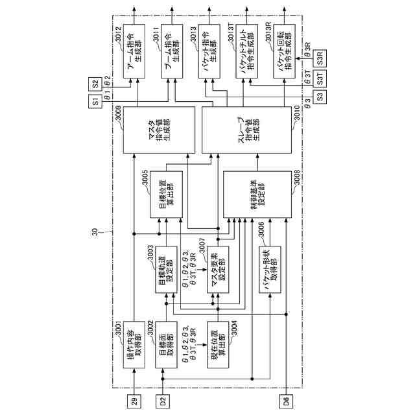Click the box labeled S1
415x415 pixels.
pyautogui.click(x=95, y=101)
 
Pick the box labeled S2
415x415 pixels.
pyautogui.click(x=95, y=84)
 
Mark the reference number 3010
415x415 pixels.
pyautogui.click(x=299, y=113)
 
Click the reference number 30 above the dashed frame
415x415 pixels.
pyautogui.click(x=95, y=232)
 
